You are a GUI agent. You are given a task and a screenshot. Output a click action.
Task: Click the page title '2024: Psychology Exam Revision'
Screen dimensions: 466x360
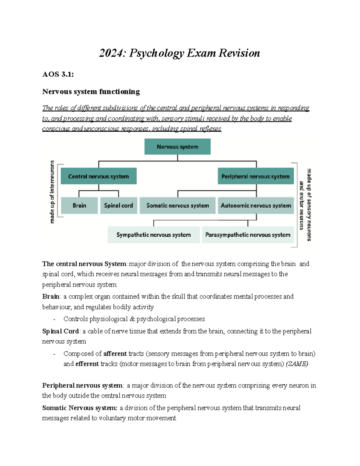[179, 53]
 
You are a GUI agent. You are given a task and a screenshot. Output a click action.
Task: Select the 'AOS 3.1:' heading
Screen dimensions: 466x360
[58, 74]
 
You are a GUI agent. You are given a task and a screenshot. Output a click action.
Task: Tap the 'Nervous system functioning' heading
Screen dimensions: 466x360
[91, 92]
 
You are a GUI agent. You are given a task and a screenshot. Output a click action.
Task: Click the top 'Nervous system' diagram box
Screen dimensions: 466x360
[177, 147]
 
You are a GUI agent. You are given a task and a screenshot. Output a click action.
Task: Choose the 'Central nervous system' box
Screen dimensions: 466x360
[98, 176]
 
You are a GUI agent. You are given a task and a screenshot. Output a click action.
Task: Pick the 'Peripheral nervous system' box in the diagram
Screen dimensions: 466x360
[256, 176]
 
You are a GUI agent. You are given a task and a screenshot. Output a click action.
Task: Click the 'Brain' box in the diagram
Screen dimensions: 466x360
[79, 206]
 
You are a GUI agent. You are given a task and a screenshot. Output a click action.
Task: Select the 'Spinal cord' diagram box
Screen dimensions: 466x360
[118, 206]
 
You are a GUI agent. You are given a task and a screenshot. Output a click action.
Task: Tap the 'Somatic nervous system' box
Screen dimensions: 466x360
[178, 206]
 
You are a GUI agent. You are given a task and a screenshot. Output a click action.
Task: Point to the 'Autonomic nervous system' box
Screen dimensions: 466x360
[256, 206]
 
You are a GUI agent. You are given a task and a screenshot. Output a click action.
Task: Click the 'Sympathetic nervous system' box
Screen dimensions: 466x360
[154, 235]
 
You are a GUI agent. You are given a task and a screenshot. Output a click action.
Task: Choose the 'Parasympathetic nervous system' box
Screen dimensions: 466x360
[248, 235]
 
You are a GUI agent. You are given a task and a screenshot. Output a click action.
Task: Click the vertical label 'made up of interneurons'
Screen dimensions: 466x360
[52, 192]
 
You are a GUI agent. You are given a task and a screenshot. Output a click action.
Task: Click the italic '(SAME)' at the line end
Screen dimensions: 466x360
[297, 364]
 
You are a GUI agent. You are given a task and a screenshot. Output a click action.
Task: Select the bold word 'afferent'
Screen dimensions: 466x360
[115, 354]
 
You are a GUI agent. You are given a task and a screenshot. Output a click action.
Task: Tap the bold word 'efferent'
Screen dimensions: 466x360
[87, 364]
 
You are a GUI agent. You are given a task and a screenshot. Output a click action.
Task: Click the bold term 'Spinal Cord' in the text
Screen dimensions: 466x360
[61, 331]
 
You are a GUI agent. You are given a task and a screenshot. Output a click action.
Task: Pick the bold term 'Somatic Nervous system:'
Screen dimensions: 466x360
[80, 408]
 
